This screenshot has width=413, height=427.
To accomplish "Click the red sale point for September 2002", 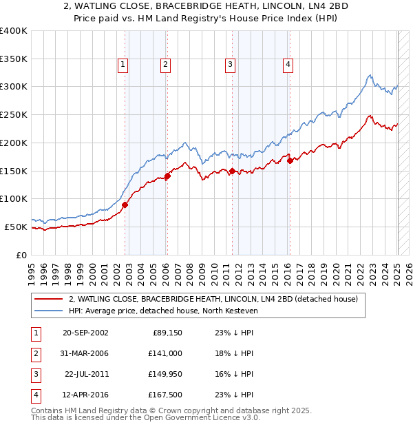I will [x=125, y=205].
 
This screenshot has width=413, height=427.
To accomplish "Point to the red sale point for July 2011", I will [x=232, y=171].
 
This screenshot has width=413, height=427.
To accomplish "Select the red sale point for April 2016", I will [x=290, y=160].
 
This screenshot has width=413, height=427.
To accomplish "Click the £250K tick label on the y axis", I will [x=14, y=115].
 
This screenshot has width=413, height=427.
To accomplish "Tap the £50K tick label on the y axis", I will [x=16, y=227].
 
